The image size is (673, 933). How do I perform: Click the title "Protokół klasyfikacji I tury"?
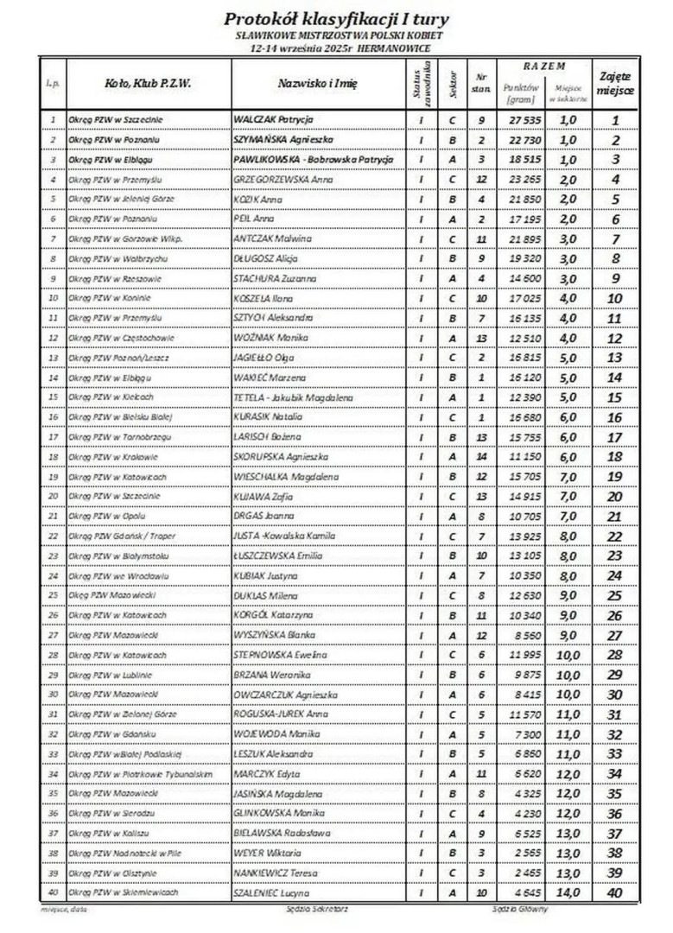click(x=336, y=18)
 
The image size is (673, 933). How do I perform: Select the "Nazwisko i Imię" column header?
click(x=317, y=84)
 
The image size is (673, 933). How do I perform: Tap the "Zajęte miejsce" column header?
click(x=615, y=84)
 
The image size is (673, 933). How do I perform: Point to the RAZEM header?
click(x=544, y=67)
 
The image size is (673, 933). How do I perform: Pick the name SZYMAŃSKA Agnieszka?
click(x=282, y=139)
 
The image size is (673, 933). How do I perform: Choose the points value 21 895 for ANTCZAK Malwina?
click(x=524, y=238)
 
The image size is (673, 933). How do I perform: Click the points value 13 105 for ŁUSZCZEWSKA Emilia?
click(x=524, y=555)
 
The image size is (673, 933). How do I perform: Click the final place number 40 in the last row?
click(x=615, y=892)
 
